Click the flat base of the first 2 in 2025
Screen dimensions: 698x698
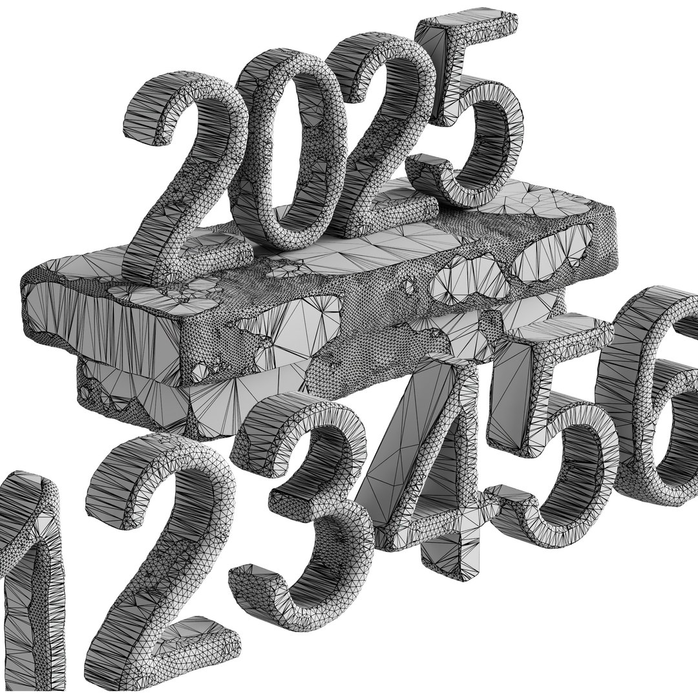[x=194, y=259]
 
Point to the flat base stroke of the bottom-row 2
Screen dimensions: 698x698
[x=174, y=640]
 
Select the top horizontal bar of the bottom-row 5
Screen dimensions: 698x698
[x=556, y=336]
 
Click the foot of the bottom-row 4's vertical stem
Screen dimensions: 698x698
[x=452, y=562]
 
